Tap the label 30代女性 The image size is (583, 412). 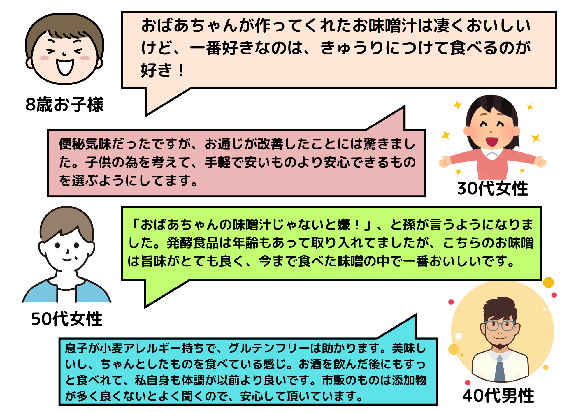[x=493, y=189]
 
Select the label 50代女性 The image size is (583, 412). [x=67, y=319]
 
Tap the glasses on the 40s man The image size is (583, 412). [x=500, y=325]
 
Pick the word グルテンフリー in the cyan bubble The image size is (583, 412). [x=268, y=348]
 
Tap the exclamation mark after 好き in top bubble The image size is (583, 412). [x=181, y=71]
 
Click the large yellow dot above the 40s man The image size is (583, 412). [x=548, y=282]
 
